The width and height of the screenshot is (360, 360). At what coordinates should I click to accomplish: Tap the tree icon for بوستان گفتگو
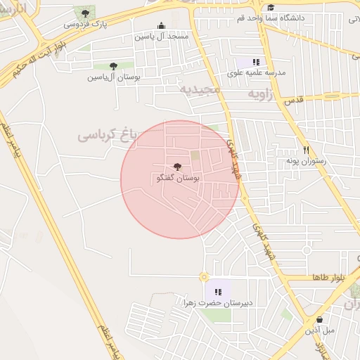(176, 167)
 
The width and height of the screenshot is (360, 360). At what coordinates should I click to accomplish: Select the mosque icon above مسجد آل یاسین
(162, 25)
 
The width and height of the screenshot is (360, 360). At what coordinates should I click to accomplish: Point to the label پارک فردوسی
(86, 24)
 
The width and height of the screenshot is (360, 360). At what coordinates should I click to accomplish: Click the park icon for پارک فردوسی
(86, 13)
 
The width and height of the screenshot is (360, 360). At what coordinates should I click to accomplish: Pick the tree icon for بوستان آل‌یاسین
(113, 66)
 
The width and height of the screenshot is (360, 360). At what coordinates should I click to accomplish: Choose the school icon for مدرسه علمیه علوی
(257, 62)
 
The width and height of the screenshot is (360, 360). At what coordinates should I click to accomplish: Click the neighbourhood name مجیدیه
(200, 91)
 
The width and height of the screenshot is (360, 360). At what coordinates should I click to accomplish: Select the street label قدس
(294, 101)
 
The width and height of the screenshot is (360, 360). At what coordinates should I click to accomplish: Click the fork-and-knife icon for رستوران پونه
(305, 150)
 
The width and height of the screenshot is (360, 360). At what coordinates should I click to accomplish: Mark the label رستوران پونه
(304, 161)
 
